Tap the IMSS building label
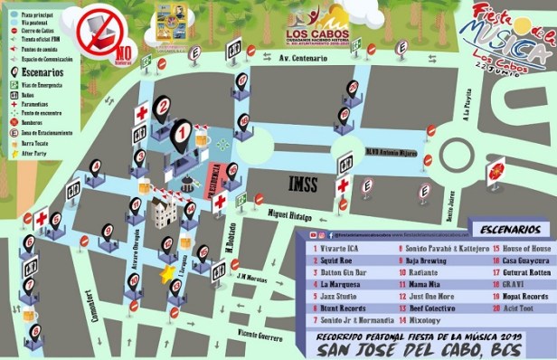coord(303,183)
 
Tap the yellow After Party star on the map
coord(166,271)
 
